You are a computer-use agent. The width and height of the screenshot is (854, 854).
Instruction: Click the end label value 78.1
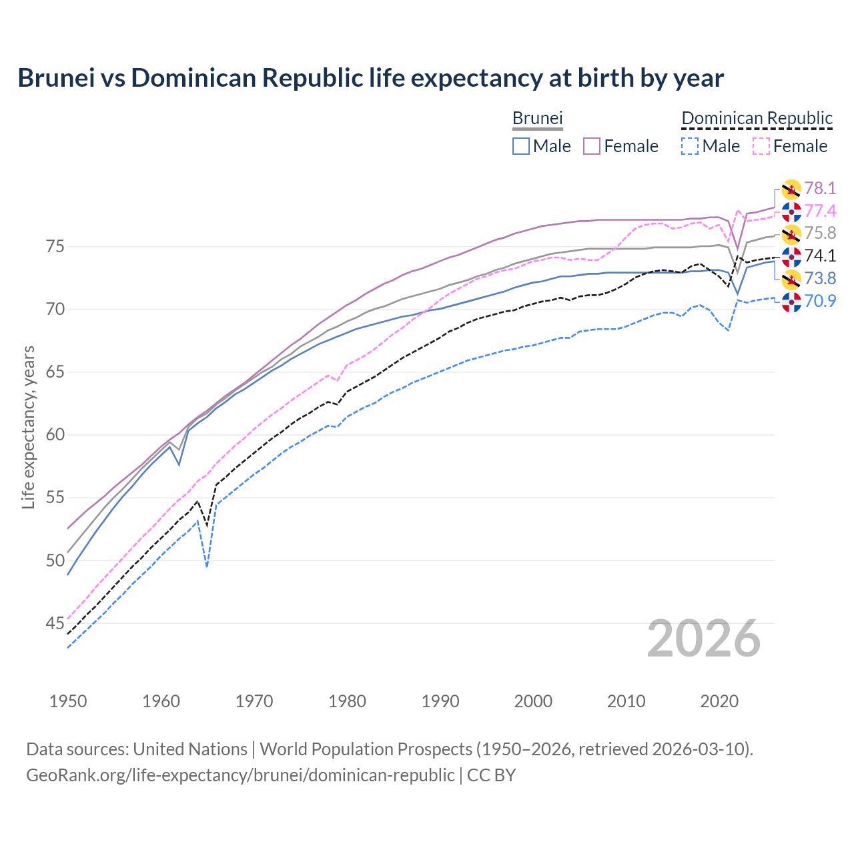pos(820,189)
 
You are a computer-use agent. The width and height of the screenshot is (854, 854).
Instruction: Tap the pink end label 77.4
pos(820,211)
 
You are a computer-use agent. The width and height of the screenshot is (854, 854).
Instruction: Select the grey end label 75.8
pos(820,234)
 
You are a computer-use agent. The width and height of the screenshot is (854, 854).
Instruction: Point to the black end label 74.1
pos(820,256)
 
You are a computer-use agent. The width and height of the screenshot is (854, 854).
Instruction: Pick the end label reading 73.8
pos(820,279)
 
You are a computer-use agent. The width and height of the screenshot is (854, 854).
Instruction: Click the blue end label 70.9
pos(820,301)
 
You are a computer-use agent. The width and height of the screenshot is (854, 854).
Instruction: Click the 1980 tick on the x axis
pos(348,701)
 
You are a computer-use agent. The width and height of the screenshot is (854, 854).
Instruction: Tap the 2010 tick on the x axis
pos(626,701)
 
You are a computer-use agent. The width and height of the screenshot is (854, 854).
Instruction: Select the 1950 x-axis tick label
pos(68,701)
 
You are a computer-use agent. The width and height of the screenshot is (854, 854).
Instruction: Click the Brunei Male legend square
pos(521,146)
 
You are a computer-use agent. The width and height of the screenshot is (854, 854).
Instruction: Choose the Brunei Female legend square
pos(592,146)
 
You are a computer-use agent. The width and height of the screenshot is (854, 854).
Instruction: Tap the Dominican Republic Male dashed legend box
pos(690,146)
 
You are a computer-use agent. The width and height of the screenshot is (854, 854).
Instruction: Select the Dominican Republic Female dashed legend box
pos(761,146)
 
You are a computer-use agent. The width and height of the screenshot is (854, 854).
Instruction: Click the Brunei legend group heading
pos(537,118)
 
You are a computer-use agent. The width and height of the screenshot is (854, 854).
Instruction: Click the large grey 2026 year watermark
pos(704,639)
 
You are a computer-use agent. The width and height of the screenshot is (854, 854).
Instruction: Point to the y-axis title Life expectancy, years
pos(28,427)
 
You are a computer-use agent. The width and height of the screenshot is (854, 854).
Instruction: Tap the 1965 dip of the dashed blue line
pos(207,566)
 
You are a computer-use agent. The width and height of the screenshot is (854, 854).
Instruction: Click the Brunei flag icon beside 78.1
pos(791,189)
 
